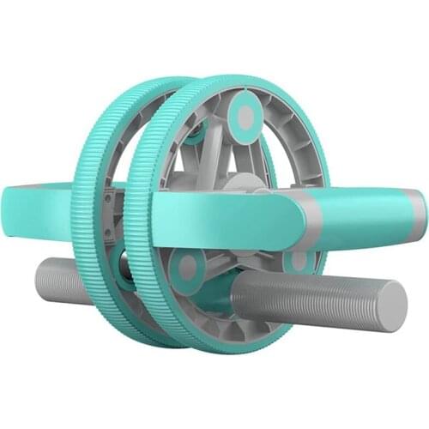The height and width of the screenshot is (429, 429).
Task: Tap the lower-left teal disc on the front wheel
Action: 186,268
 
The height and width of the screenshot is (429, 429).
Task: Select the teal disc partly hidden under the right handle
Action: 299,259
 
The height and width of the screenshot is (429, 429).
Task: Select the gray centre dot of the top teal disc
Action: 246,118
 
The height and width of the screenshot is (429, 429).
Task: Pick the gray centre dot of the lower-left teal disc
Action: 186,268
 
